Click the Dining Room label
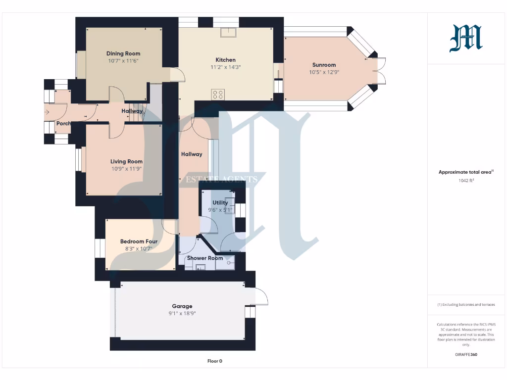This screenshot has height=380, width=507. tap(123, 53)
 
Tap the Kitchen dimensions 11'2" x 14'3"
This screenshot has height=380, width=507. tap(225, 67)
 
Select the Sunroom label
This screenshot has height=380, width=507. tap(324, 65)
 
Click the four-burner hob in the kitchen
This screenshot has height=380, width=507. tap(218, 94)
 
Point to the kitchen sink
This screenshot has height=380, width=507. tap(228, 32)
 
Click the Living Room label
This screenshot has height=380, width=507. tap(126, 161)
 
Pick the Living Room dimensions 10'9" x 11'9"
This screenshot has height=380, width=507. tap(126, 168)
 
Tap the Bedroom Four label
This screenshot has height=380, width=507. tap(139, 241)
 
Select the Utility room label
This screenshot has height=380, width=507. tap(220, 202)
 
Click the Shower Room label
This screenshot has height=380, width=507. tap(205, 258)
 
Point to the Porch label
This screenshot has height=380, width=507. tap(63, 123)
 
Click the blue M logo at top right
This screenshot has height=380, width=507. tap(465, 39)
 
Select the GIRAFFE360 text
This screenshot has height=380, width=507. tap(465, 355)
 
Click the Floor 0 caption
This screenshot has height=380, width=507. tap(214, 361)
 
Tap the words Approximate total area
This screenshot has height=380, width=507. tap(464, 172)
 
